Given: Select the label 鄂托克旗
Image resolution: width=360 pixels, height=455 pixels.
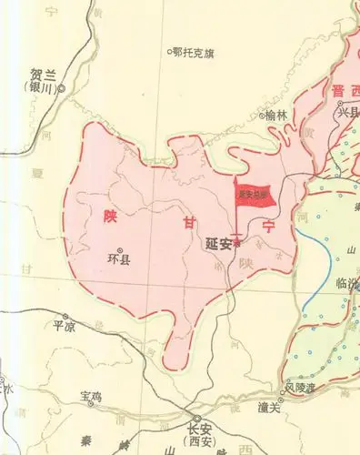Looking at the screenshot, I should click(x=195, y=52).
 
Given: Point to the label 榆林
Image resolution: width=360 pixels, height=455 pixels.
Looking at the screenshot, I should click(x=275, y=115).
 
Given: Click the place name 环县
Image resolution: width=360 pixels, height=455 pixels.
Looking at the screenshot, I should click(x=119, y=259).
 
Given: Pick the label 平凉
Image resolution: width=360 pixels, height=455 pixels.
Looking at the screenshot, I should click(x=63, y=325).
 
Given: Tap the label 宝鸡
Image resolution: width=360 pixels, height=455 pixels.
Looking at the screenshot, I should click(x=92, y=397).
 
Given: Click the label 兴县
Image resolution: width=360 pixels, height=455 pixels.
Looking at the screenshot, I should click(x=348, y=113).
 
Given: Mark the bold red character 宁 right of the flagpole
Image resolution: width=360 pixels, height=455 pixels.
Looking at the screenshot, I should click(x=267, y=224).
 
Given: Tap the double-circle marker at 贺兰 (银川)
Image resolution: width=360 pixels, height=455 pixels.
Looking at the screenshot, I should click(x=63, y=89).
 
